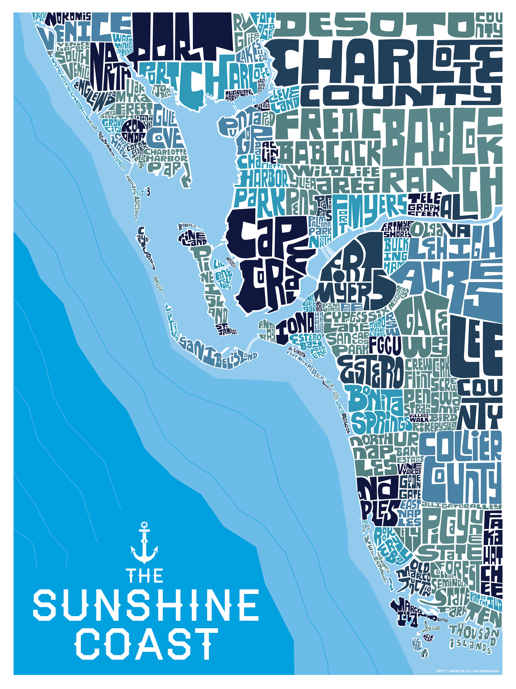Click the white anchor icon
[x=144, y=542]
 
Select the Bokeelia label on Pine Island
[x=187, y=226]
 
